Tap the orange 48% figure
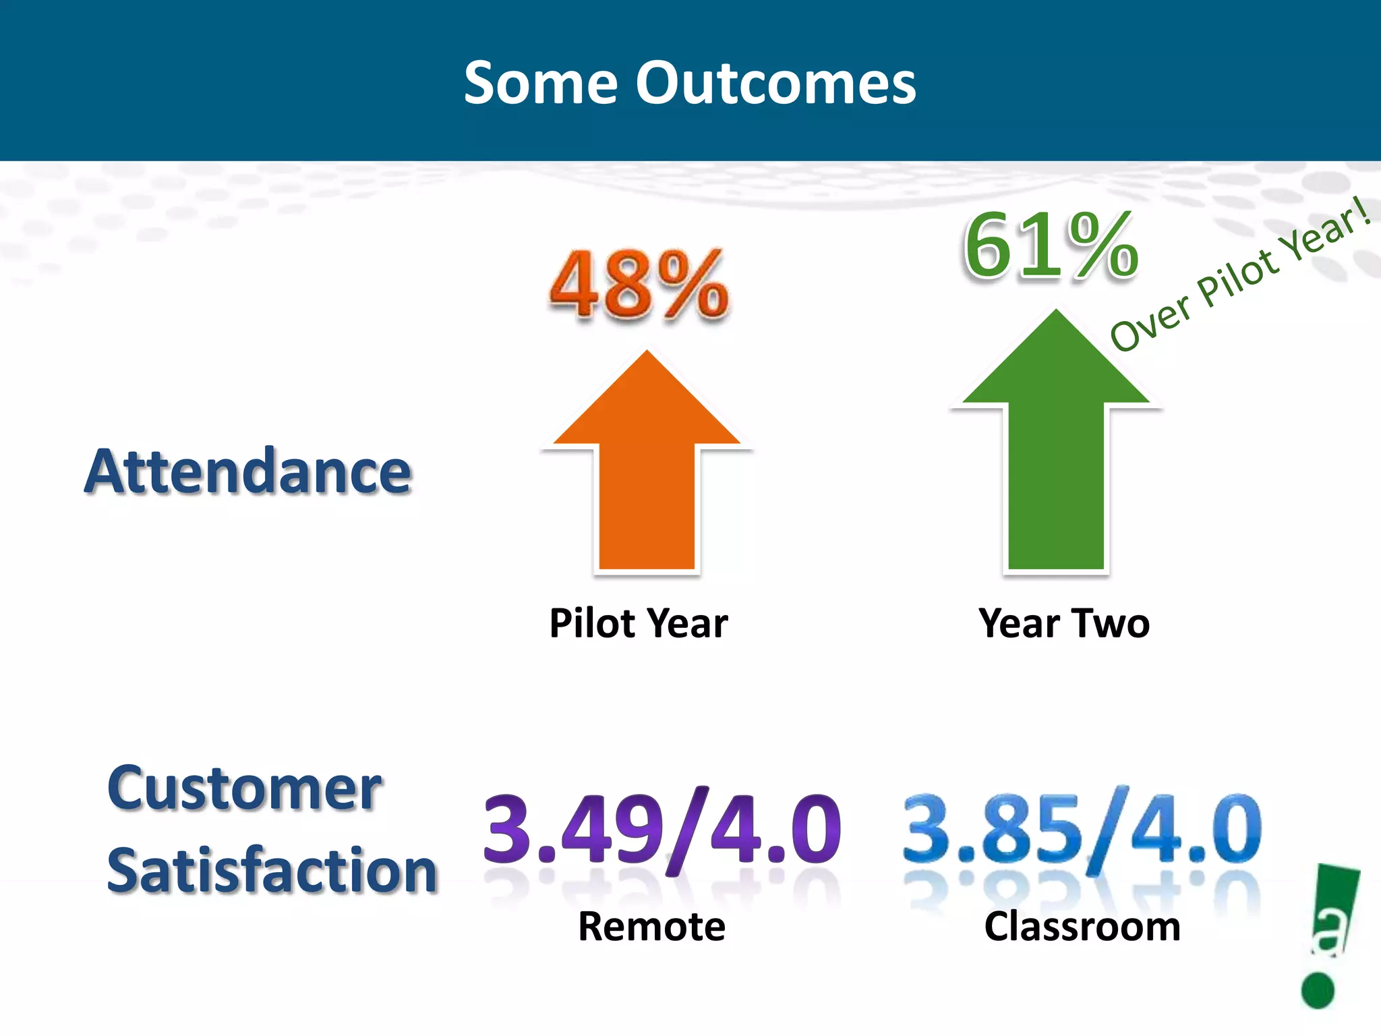tap(639, 284)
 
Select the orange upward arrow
tap(647, 472)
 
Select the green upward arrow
tap(1055, 452)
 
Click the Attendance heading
tap(248, 471)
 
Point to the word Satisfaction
tap(272, 871)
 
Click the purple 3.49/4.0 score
tap(662, 830)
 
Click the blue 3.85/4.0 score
tap(1082, 830)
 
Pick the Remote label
tap(651, 926)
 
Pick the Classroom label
tap(1082, 926)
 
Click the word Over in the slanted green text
tap(1150, 324)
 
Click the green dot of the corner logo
tap(1318, 990)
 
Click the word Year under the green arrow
tap(1018, 623)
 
